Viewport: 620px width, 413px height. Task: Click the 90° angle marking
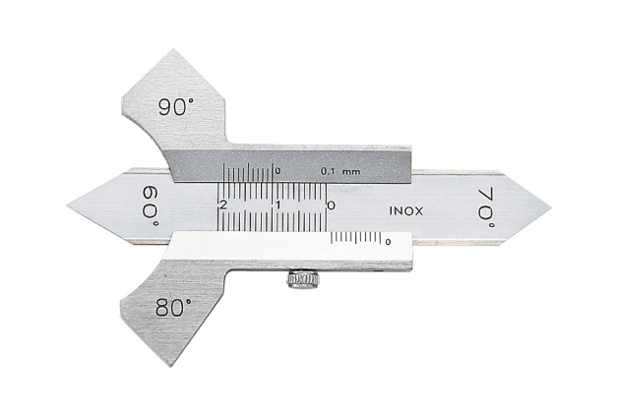coord(173,105)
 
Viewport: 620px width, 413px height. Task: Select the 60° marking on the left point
coord(149,206)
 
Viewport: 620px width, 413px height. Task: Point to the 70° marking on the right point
coord(484,206)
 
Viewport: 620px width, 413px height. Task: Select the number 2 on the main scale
coord(224,206)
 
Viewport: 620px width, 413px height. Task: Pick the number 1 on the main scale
coord(279,206)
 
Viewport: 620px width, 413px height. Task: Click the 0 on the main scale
coord(331,206)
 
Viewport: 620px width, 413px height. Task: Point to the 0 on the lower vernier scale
coord(389,241)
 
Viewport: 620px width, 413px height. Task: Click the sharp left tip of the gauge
coord(69,207)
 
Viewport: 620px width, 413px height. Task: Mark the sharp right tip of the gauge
coord(550,207)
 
